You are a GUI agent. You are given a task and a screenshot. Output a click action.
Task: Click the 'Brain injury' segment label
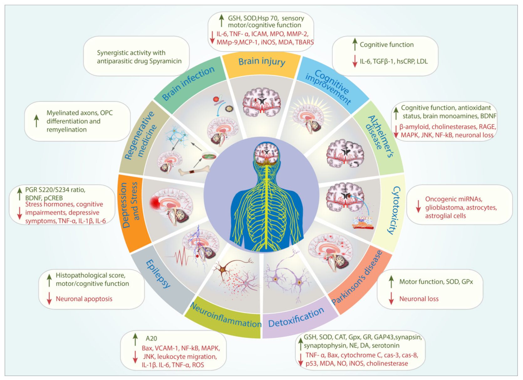pos(262,61)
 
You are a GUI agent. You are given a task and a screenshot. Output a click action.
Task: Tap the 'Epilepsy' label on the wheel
pos(158,273)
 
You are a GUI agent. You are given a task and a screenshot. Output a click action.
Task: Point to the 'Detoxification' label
pos(296,317)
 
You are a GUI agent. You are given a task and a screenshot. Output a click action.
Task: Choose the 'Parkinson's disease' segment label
pos(357,278)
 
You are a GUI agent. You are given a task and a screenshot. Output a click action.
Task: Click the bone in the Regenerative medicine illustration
pos(194,170)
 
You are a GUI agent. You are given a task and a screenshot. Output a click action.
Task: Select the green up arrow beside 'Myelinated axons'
pos(37,121)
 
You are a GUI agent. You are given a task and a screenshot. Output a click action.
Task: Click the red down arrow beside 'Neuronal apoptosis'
pos(49,299)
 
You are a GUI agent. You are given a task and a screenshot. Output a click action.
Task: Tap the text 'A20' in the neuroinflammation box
pos(151,338)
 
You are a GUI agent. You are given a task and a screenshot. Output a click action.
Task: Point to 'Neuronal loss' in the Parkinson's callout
pos(419,299)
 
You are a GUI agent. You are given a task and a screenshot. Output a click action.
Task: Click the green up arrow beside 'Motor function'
pos(391,282)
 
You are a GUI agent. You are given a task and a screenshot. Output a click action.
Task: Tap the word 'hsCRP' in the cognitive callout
pos(406,61)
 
